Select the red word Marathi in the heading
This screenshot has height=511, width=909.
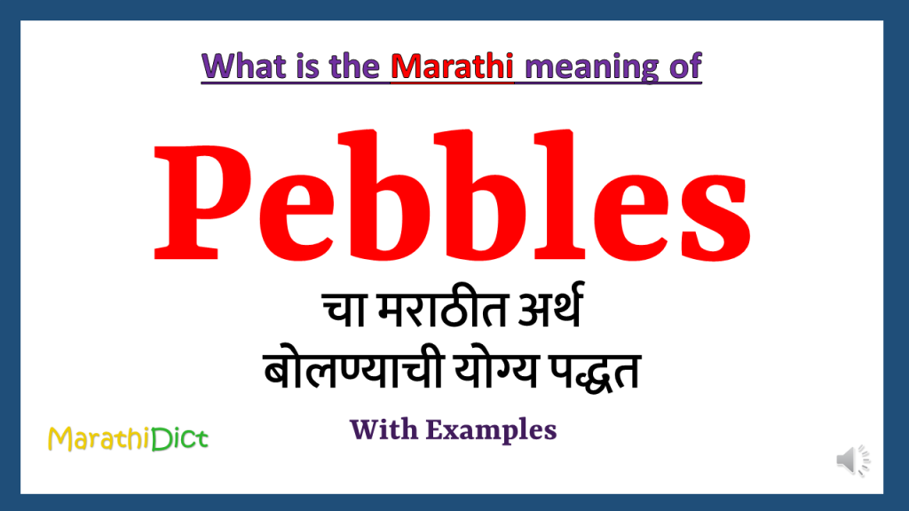[x=453, y=67]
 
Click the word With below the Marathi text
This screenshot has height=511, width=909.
[x=383, y=430]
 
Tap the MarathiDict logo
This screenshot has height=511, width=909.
[x=129, y=438]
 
